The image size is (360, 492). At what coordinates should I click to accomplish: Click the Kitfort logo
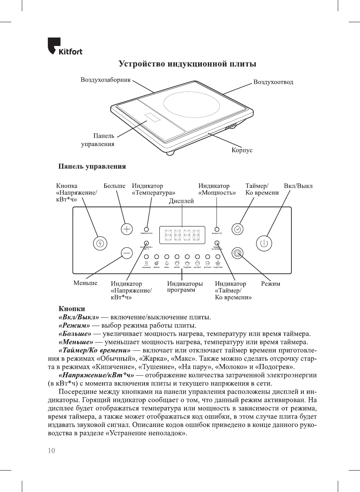[x=65, y=47]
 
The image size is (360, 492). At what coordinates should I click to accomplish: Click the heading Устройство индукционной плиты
[x=187, y=64]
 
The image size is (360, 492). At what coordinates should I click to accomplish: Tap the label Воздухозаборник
[x=105, y=80]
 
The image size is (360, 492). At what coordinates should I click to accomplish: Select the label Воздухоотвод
[x=273, y=82]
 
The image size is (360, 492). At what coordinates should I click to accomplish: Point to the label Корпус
[x=242, y=150]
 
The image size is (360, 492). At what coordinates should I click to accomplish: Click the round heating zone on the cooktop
[x=192, y=104]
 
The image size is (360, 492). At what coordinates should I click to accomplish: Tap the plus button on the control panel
[x=127, y=229]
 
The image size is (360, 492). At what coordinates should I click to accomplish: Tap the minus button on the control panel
[x=127, y=253]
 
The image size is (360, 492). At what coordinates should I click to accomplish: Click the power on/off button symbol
[x=264, y=243]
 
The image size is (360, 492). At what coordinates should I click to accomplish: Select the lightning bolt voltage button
[x=100, y=243]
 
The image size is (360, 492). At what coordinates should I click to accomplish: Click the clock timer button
[x=237, y=229]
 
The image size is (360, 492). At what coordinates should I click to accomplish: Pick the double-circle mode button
[x=237, y=253]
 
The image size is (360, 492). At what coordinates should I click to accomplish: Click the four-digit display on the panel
[x=182, y=235]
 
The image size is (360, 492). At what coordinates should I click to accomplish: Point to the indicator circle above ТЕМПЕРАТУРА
[x=146, y=229]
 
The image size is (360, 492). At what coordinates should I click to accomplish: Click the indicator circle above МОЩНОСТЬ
[x=217, y=229]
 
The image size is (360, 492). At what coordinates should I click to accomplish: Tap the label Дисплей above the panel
[x=181, y=201]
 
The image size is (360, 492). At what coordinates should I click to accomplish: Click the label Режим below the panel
[x=270, y=284]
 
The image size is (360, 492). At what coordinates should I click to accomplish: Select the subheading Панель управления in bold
[x=92, y=166]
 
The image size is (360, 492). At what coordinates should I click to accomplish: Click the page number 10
[x=51, y=451]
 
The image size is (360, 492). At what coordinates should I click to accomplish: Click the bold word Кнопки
[x=72, y=309]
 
